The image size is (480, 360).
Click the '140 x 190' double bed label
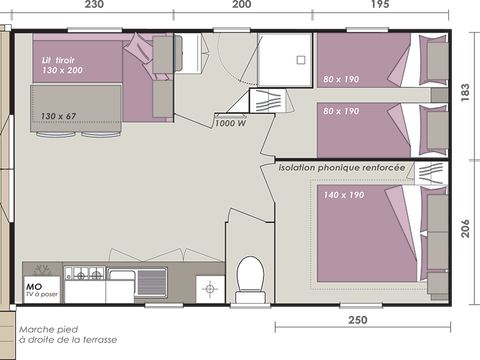click(x=345, y=194)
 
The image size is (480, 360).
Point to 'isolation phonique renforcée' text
click(x=343, y=169)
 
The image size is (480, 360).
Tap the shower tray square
click(x=283, y=60)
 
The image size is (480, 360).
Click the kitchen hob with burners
click(x=83, y=273)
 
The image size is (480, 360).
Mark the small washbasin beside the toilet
click(x=210, y=288)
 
